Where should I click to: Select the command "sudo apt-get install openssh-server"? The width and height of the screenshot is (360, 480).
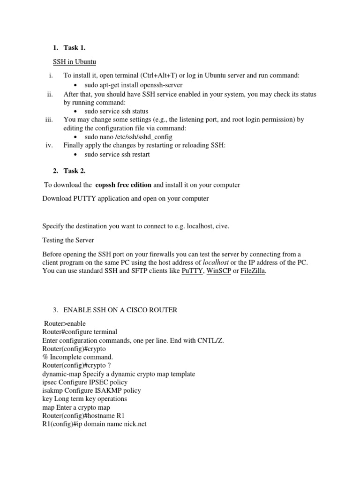[x=134, y=85]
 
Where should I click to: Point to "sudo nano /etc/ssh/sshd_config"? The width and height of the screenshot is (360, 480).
[x=128, y=137]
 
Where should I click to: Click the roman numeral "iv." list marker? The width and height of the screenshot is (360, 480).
[x=50, y=145]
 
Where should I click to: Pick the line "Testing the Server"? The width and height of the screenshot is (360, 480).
[x=68, y=240]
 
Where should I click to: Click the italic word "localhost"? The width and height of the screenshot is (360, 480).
[x=217, y=262]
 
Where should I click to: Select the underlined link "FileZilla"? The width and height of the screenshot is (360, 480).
[x=253, y=271]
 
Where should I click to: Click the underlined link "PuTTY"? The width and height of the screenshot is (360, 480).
[x=192, y=271]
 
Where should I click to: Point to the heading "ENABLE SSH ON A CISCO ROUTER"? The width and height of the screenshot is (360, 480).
[x=120, y=310]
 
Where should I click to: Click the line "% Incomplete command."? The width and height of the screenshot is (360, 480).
[x=77, y=357]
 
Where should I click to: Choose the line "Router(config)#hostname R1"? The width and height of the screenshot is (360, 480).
[x=83, y=416]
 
